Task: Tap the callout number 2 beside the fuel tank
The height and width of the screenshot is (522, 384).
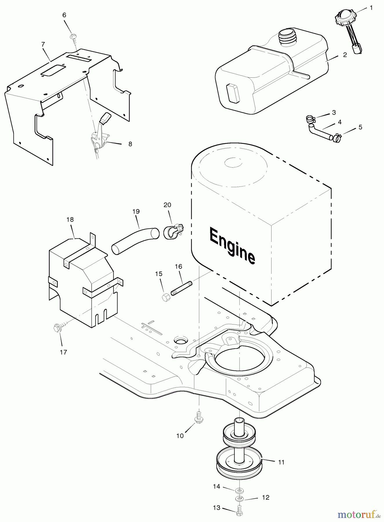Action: click(345, 55)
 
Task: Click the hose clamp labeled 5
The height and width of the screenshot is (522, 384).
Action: click(337, 138)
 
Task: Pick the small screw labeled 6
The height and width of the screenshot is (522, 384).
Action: click(74, 37)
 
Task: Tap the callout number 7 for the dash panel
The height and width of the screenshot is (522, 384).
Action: click(43, 44)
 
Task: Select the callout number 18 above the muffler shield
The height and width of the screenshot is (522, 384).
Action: click(70, 220)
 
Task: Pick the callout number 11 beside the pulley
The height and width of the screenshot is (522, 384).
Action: click(281, 462)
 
